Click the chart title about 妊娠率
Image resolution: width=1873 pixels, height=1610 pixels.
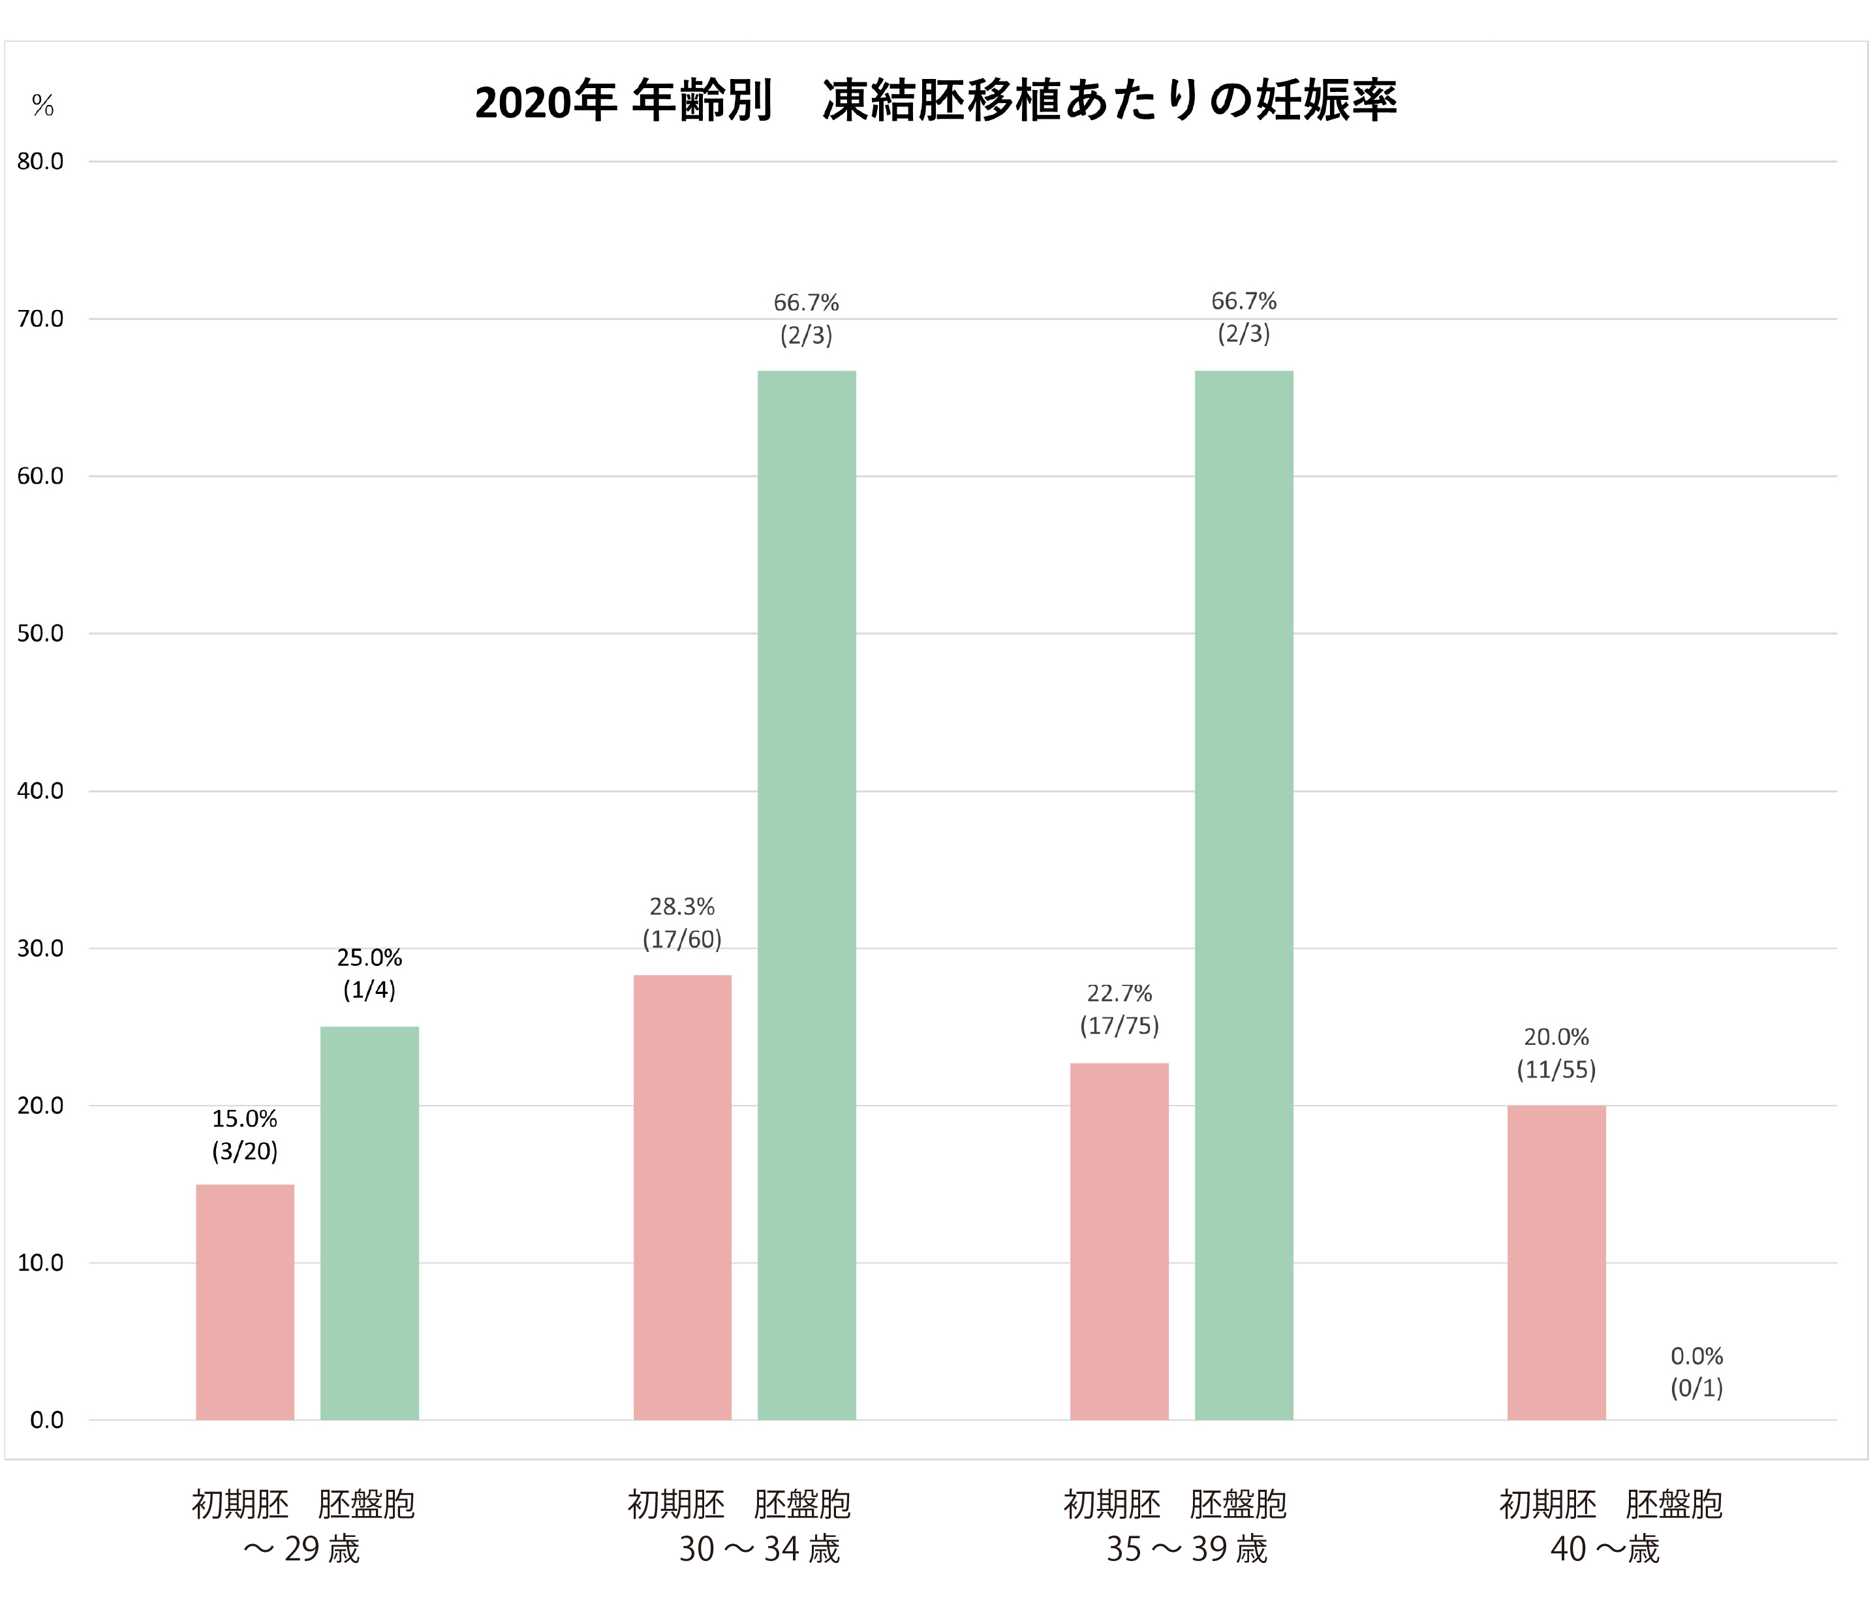[936, 101]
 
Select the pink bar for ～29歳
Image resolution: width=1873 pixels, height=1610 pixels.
[245, 1302]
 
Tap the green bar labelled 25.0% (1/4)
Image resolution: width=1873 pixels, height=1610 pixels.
[370, 1223]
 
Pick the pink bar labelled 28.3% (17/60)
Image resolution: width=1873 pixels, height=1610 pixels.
[683, 1197]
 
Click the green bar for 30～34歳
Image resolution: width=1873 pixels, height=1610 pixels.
[807, 895]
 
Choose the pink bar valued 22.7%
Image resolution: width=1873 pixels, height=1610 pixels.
[1119, 1241]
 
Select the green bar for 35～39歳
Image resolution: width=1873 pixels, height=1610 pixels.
[1244, 895]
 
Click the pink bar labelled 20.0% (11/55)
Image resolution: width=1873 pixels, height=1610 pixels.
[1556, 1262]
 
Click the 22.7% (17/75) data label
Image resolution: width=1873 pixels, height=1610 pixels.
[1119, 1009]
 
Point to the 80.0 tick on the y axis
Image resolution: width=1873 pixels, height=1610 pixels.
[40, 162]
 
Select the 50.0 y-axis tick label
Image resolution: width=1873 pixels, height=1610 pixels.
[40, 634]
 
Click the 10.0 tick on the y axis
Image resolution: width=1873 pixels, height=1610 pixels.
[40, 1263]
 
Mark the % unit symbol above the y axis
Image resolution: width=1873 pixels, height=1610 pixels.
[42, 106]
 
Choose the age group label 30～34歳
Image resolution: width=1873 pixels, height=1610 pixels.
[760, 1549]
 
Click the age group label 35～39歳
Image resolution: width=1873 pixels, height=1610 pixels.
[1187, 1549]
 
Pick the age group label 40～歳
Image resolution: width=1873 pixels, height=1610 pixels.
[1605, 1549]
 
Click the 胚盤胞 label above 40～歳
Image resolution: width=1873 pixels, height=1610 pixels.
[1674, 1504]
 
